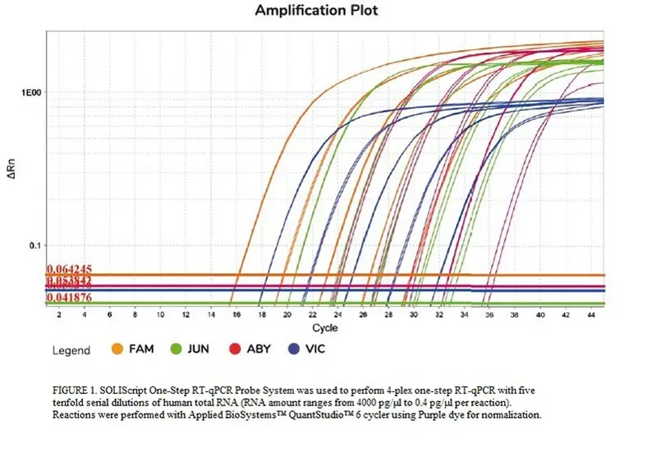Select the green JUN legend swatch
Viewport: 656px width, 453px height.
pyautogui.click(x=176, y=349)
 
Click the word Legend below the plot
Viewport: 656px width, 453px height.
pyautogui.click(x=71, y=350)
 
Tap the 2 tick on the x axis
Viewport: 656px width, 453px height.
pyautogui.click(x=58, y=315)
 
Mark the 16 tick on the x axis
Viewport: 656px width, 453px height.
pyautogui.click(x=236, y=315)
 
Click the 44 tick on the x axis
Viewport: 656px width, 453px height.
pyautogui.click(x=590, y=315)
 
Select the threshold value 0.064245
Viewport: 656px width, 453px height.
pyautogui.click(x=70, y=269)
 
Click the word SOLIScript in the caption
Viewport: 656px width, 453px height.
pyautogui.click(x=132, y=387)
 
